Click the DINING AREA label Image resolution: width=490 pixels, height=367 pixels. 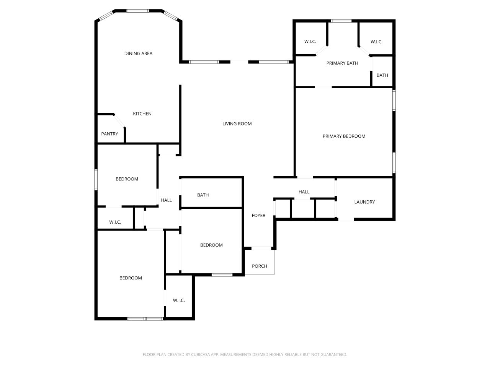(138, 54)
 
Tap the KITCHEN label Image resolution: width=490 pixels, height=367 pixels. (142, 114)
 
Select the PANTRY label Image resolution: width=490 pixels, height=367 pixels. (109, 134)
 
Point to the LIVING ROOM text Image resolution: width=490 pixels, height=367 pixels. (237, 123)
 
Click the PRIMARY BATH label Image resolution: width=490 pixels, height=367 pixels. (342, 63)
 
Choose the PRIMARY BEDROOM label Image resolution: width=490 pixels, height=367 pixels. (344, 136)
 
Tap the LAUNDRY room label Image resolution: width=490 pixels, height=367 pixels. (364, 202)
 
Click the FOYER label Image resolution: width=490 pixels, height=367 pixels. (258, 216)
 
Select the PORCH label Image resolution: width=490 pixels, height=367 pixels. (259, 266)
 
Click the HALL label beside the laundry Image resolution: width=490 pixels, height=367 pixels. (304, 192)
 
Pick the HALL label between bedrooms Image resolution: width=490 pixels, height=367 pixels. (166, 200)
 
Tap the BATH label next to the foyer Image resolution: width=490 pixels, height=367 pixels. (203, 195)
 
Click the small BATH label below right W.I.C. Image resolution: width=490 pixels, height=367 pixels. (382, 75)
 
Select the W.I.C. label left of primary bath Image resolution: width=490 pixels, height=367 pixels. (310, 42)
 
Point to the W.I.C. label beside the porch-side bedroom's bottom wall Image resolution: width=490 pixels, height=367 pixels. (179, 300)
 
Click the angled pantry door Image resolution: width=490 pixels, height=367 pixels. (119, 120)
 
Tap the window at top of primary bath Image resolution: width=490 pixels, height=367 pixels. (341, 21)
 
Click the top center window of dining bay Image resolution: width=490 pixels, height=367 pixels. (138, 11)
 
